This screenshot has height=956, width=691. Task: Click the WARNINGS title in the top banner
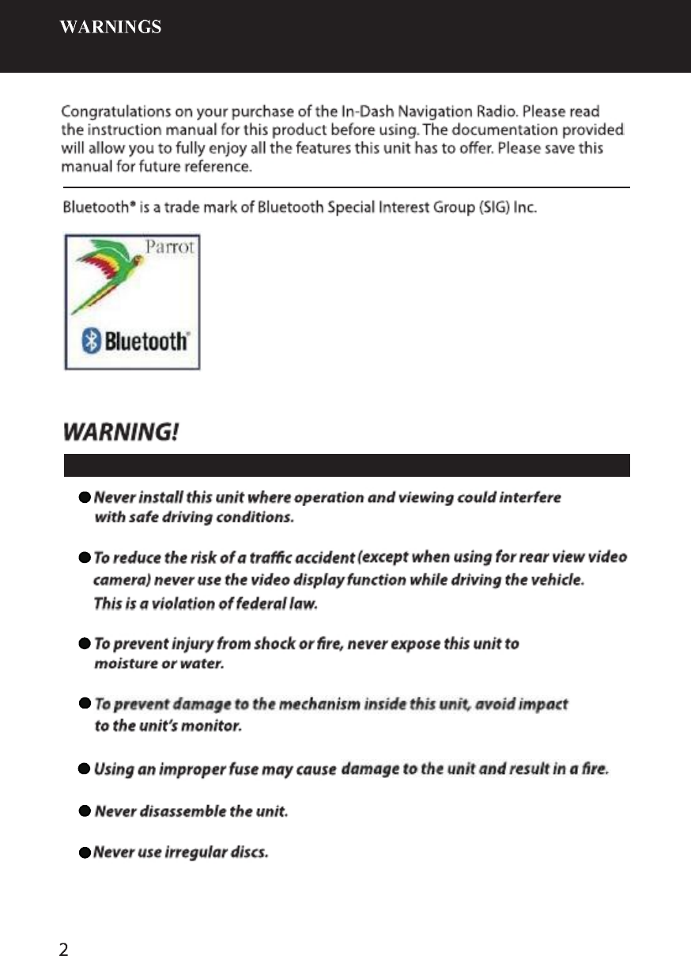click(x=111, y=28)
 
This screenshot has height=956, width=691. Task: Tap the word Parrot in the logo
click(x=170, y=248)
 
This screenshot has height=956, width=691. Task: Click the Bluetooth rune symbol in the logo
click(x=92, y=342)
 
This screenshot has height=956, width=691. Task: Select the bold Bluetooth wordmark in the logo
click(x=145, y=342)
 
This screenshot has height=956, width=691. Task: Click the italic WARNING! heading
click(x=121, y=433)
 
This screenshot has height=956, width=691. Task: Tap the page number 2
click(x=64, y=927)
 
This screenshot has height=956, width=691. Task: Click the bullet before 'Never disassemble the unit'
click(x=84, y=811)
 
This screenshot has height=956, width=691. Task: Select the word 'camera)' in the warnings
click(x=123, y=580)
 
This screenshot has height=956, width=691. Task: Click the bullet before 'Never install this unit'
click(x=84, y=498)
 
